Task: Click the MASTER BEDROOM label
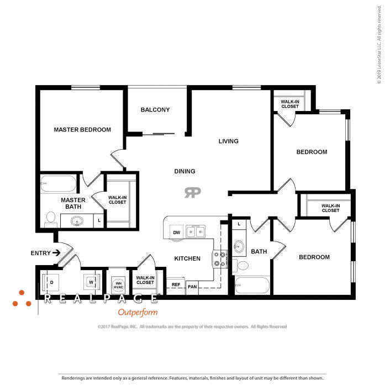pyautogui.click(x=82, y=130)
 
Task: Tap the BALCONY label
pyautogui.click(x=155, y=110)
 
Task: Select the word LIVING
pyautogui.click(x=228, y=141)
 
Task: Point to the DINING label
pyautogui.click(x=184, y=171)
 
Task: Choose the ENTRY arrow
pyautogui.click(x=56, y=253)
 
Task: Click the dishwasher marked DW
pyautogui.click(x=177, y=233)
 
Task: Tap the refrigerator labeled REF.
pyautogui.click(x=176, y=285)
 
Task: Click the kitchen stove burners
pyautogui.click(x=219, y=259)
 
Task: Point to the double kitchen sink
pyautogui.click(x=194, y=231)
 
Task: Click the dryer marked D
pyautogui.click(x=52, y=281)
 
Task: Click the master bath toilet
pyautogui.click(x=50, y=218)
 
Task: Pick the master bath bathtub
pyautogui.click(x=58, y=183)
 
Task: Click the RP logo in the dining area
pyautogui.click(x=192, y=192)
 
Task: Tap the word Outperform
pyautogui.click(x=138, y=312)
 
